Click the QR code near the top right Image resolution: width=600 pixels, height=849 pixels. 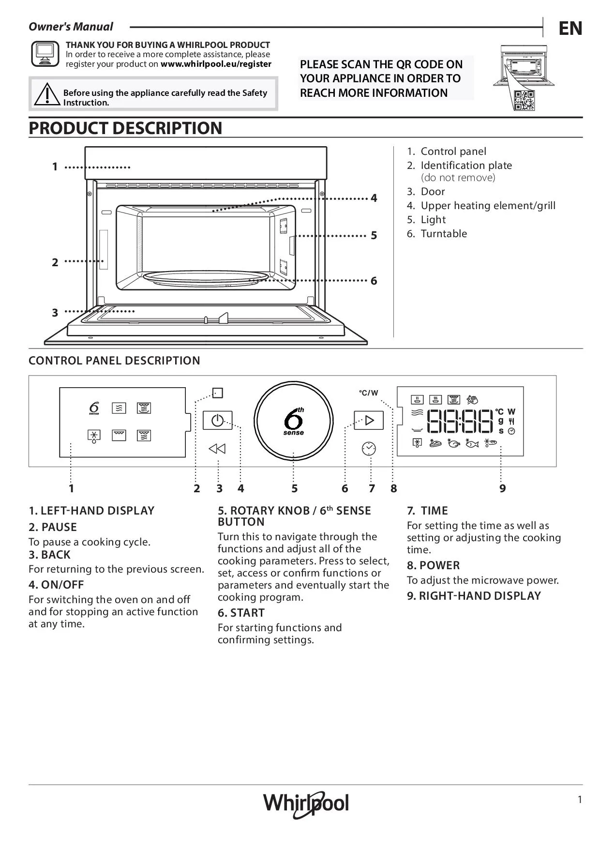[x=524, y=100]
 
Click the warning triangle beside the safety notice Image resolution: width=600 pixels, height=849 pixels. [x=47, y=94]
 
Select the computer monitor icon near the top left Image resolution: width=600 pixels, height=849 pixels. [x=45, y=54]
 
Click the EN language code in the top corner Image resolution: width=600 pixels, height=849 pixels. [x=570, y=29]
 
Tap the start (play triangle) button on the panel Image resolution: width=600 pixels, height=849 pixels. [x=369, y=420]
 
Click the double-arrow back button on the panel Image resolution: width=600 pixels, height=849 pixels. [x=217, y=449]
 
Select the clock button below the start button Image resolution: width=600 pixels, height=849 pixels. [x=369, y=449]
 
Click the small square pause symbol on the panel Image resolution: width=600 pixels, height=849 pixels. [x=218, y=393]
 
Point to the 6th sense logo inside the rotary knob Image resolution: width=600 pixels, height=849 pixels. [x=294, y=421]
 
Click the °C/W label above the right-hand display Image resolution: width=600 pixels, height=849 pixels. [x=368, y=393]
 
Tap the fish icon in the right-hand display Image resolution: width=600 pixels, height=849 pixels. [x=471, y=443]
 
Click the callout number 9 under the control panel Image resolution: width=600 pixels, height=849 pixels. [x=503, y=488]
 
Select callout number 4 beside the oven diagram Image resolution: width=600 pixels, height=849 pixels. [x=374, y=198]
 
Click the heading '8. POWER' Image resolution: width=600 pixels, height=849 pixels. [x=433, y=565]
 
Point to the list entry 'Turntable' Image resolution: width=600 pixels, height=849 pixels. [x=443, y=234]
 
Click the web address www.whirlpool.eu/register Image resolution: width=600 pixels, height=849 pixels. [x=216, y=64]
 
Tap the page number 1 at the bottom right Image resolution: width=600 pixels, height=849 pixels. [x=580, y=800]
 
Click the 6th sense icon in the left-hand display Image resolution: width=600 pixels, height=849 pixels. [x=94, y=408]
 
